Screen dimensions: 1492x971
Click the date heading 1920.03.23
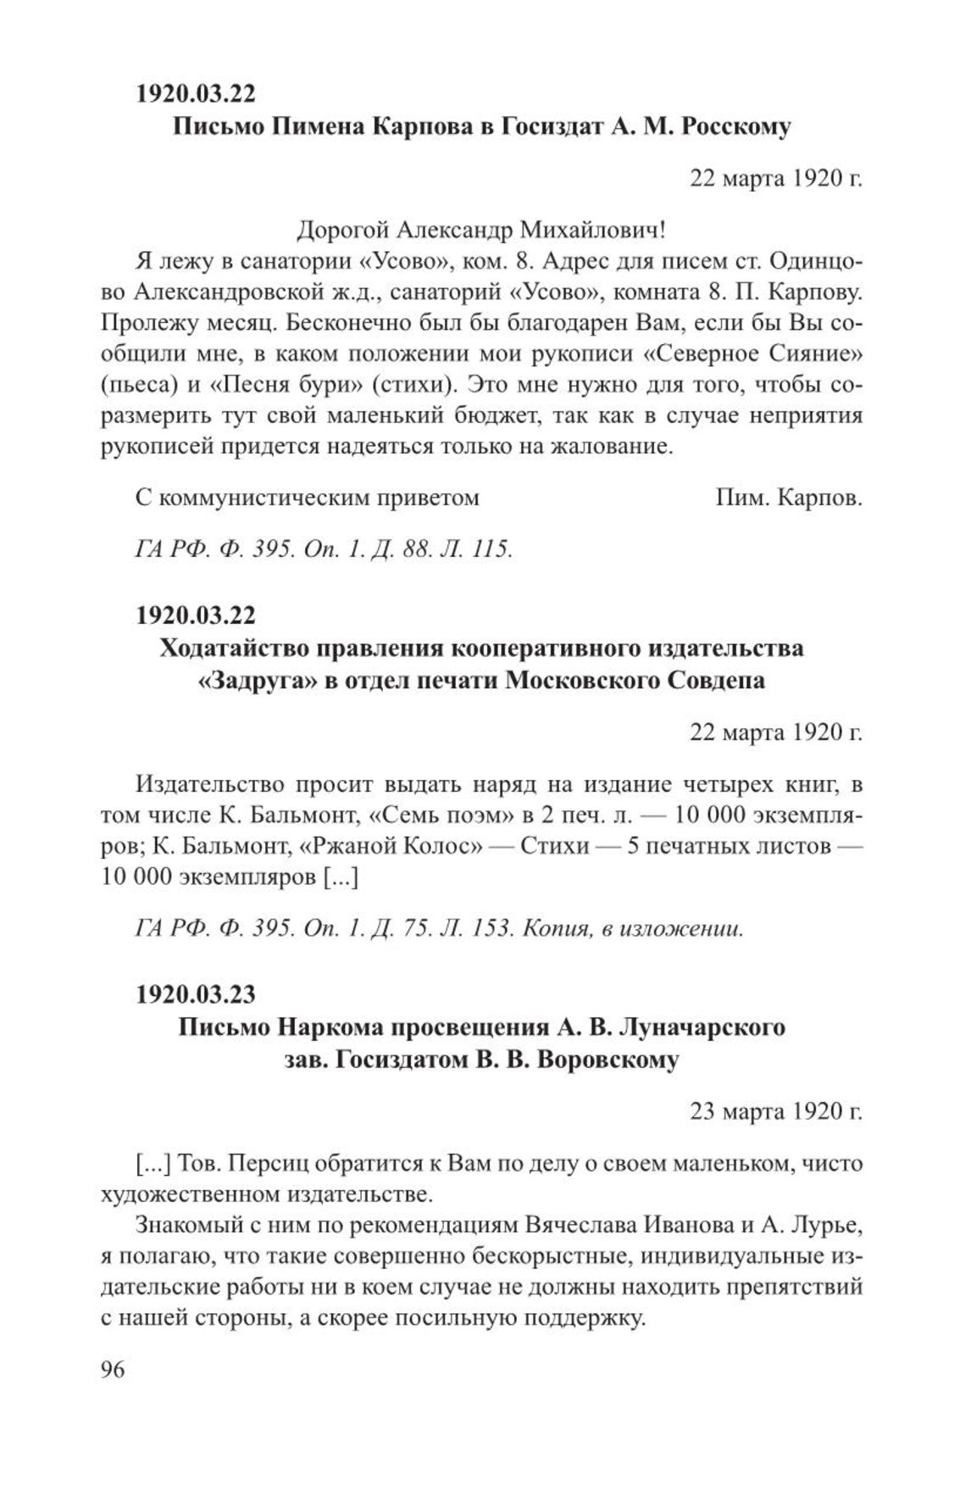196,991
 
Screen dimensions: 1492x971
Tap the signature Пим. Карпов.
788,497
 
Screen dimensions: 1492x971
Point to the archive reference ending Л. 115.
324,549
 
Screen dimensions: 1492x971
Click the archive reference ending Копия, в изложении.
439,928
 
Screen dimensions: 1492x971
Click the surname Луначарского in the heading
702,1027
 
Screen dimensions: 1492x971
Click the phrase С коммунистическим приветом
307,497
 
